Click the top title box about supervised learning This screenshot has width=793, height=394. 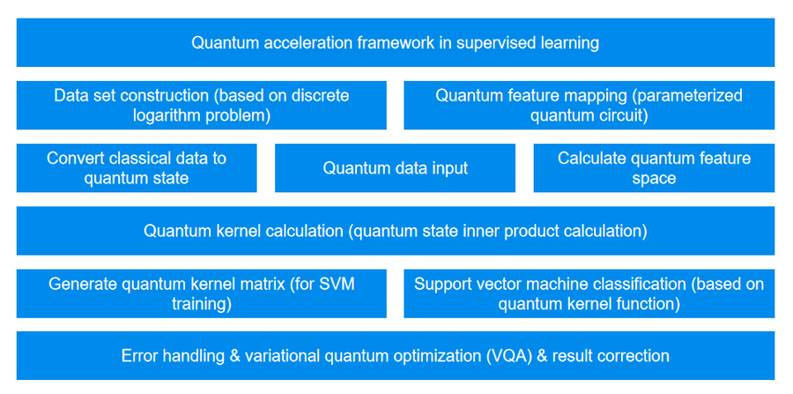coord(396,42)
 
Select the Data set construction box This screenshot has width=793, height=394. coord(201,105)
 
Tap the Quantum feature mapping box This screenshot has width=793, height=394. coord(589,105)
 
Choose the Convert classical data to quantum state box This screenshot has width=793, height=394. coord(137,167)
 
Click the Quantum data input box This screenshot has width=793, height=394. coord(395,167)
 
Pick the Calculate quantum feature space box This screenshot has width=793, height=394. coord(654,167)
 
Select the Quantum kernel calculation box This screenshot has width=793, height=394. coord(396,231)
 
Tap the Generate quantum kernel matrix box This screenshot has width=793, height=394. coord(201,294)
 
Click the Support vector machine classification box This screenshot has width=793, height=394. coord(589,294)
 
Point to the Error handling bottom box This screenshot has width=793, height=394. coord(396,356)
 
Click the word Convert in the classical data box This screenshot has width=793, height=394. coord(76,159)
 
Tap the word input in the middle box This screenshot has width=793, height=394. coord(449,167)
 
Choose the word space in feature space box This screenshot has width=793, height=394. coord(654,178)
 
